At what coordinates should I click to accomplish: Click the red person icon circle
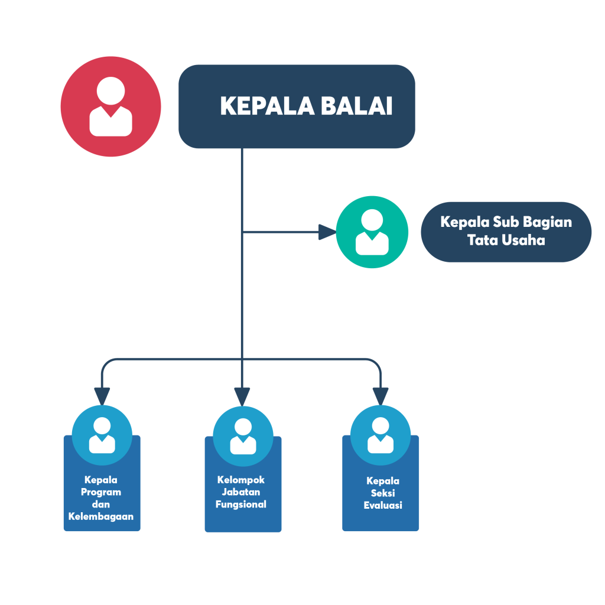110,106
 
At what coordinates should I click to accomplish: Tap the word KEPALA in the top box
267,106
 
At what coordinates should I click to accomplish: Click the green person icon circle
372,232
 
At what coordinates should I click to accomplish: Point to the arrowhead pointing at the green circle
327,232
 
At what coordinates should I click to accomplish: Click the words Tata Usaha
506,240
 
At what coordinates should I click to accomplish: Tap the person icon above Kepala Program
102,435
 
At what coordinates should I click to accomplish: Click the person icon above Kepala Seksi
380,435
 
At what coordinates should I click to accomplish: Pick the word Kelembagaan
101,516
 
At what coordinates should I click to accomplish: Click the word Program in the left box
101,492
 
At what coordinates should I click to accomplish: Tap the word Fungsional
241,505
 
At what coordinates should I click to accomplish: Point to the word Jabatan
241,492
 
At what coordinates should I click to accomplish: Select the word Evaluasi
383,505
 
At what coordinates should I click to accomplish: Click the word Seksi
383,493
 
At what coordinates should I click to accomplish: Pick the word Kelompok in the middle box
241,480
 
